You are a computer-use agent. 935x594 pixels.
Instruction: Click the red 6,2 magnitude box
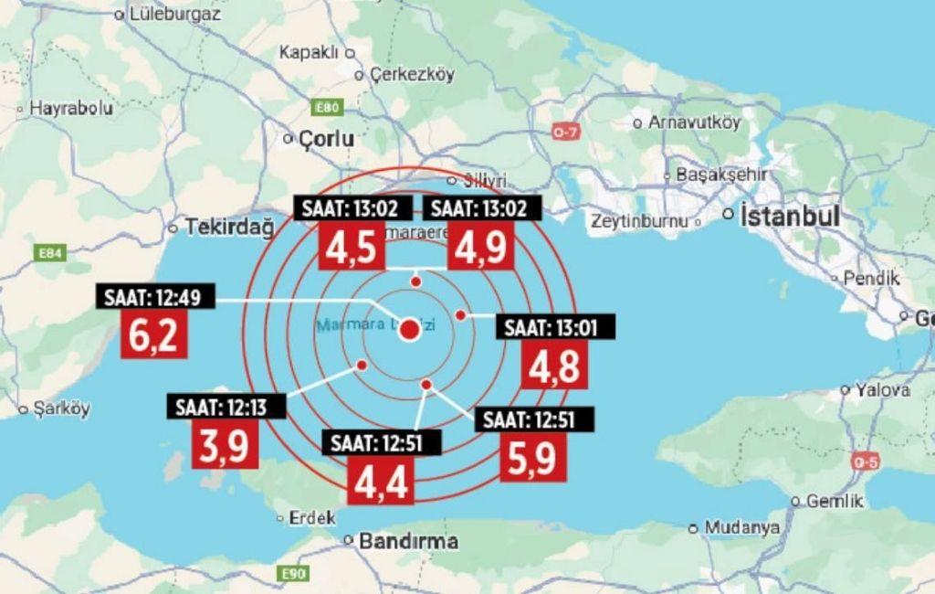(x=154, y=335)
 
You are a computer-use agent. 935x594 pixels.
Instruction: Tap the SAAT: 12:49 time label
(x=153, y=297)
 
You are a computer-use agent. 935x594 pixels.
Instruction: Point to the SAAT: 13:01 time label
(x=554, y=327)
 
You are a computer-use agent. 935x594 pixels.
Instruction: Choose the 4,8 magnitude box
(x=554, y=366)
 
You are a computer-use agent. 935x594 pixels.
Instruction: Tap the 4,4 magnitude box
(x=381, y=480)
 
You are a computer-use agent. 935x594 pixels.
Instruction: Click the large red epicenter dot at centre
(x=410, y=330)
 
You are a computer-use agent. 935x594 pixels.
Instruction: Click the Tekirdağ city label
(x=228, y=227)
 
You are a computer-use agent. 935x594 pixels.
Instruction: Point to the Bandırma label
(x=407, y=541)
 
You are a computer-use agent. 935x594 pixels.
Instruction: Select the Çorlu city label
(x=326, y=139)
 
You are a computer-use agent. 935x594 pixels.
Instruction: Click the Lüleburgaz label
(x=174, y=14)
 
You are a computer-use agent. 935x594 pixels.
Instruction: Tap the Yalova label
(x=882, y=390)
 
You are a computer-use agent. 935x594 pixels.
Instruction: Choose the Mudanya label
(x=741, y=528)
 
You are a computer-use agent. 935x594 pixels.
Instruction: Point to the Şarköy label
(x=61, y=409)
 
